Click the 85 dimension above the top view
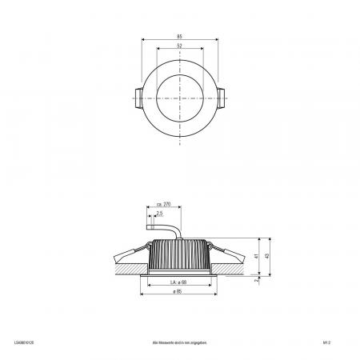179,36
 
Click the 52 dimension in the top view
179,46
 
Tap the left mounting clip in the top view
137,98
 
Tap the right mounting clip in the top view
222,98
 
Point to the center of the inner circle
179,98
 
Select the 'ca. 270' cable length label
165,206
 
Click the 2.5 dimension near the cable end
160,214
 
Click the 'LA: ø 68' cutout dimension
178,282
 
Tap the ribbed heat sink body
179,256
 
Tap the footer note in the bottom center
179,341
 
